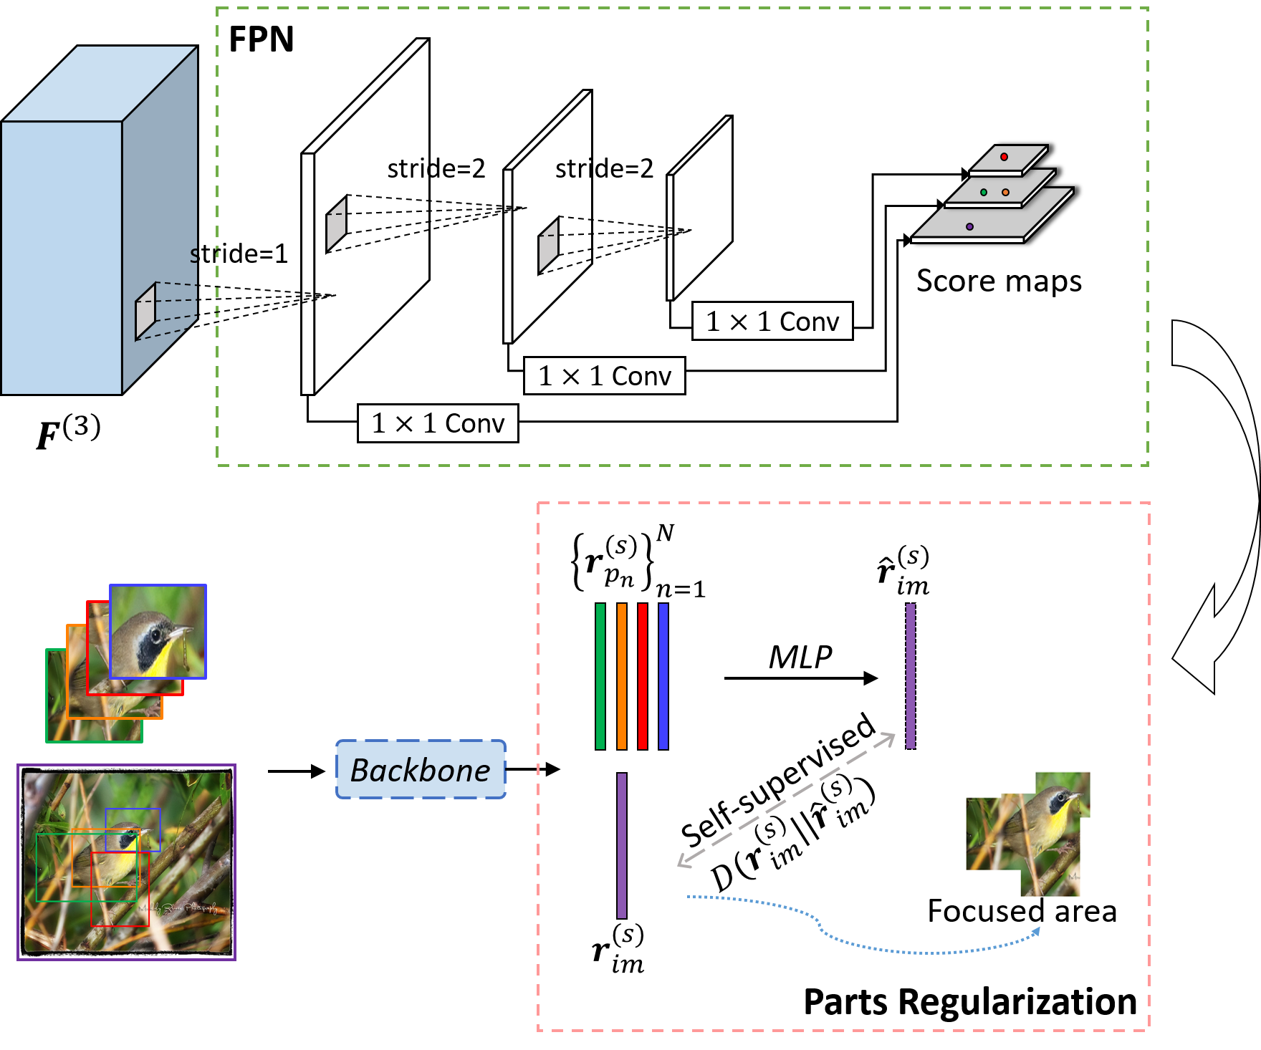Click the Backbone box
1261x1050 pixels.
pyautogui.click(x=421, y=770)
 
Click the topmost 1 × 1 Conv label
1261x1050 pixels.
pyautogui.click(x=772, y=322)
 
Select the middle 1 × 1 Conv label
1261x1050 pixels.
pyautogui.click(x=604, y=376)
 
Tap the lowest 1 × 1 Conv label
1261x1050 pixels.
pyautogui.click(x=438, y=423)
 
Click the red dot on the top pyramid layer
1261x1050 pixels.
pyautogui.click(x=1004, y=157)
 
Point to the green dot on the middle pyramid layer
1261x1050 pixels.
pyautogui.click(x=984, y=192)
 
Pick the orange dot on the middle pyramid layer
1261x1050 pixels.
pyautogui.click(x=1005, y=192)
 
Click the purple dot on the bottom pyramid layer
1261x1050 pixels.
pyautogui.click(x=969, y=226)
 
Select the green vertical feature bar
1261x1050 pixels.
pyautogui.click(x=600, y=676)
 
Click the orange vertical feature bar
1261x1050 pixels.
pyautogui.click(x=621, y=676)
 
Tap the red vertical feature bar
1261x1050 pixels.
pyautogui.click(x=643, y=676)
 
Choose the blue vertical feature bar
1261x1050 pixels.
pyautogui.click(x=663, y=676)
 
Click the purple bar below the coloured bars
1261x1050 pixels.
pyautogui.click(x=622, y=845)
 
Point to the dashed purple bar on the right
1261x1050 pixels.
pyautogui.click(x=911, y=676)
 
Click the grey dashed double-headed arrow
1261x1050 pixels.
pyautogui.click(x=786, y=800)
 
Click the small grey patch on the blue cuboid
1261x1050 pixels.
pyautogui.click(x=145, y=312)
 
